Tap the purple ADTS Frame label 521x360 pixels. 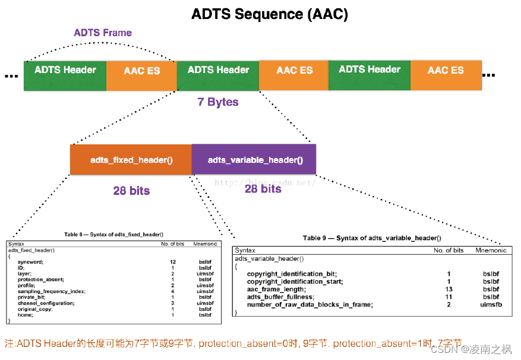coord(103,33)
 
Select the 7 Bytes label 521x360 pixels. coord(218,102)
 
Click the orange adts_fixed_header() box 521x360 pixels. coord(131,160)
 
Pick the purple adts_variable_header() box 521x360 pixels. coord(255,160)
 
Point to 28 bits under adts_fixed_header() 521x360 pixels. coord(131,191)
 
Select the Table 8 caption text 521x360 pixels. coord(113,235)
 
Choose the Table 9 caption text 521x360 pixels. coord(372,238)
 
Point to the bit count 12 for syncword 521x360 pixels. coord(173,261)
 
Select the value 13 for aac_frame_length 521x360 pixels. coord(449,289)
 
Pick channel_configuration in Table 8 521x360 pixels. coord(46,303)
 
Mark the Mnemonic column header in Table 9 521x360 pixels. coord(491,251)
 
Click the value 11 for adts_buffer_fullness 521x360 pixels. coord(449,296)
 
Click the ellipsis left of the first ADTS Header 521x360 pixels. coord(11,76)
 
